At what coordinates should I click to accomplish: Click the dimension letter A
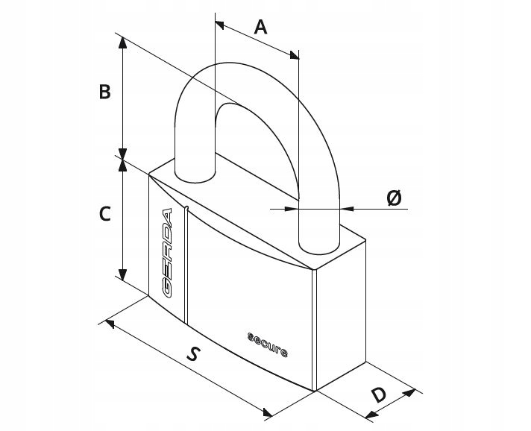260,27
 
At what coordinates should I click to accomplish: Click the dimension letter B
104,92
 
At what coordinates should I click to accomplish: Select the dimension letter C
105,214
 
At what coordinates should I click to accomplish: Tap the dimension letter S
192,353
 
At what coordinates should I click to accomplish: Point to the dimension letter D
378,395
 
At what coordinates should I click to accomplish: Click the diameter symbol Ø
394,198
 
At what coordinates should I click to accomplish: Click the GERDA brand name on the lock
166,253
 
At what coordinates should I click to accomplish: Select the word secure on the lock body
268,345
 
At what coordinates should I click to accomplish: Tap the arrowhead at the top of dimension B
122,43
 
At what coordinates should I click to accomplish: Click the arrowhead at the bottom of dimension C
122,274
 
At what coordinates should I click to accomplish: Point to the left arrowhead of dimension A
219,25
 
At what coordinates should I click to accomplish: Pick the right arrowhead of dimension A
295,55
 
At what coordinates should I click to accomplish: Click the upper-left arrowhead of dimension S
110,324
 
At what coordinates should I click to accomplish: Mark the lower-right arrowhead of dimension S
268,412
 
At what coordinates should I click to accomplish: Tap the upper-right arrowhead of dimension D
409,393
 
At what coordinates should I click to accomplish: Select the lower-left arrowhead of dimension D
371,415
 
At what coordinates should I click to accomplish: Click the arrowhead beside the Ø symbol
347,209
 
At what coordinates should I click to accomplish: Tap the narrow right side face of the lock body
341,315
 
